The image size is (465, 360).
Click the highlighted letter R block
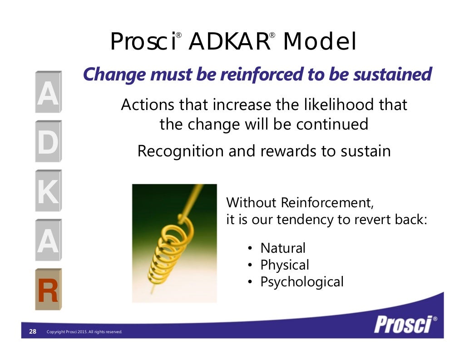pos(48,290)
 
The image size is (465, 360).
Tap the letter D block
pos(48,142)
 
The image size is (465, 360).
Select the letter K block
pos(48,191)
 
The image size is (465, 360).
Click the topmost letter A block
pos(48,93)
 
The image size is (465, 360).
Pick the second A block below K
pos(48,241)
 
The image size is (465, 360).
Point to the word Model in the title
pos(319,42)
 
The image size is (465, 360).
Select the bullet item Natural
pos(282,248)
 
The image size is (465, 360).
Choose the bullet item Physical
pos(284,265)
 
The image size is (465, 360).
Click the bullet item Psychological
pos(302,282)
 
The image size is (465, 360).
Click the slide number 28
pos(33,331)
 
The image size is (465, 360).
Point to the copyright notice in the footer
pos(84,332)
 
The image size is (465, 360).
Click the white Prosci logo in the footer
pos(403,324)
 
